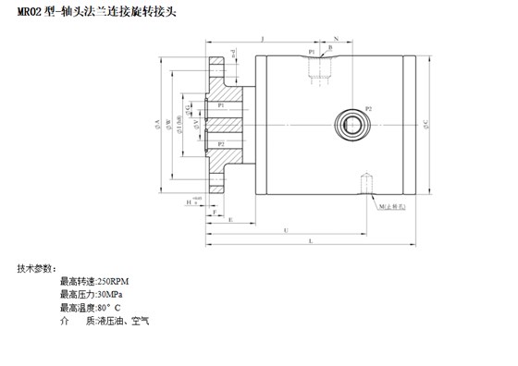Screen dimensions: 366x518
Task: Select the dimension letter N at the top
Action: click(336, 38)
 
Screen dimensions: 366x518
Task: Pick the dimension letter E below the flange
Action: click(229, 221)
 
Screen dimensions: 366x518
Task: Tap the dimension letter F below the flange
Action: click(215, 213)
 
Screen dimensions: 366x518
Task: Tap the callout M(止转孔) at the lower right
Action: click(393, 209)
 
